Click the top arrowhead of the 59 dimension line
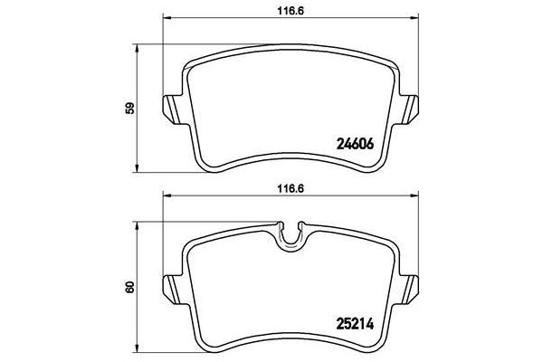138,48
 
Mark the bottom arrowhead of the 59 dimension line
138,167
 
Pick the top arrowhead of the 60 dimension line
138,223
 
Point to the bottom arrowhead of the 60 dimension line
138,348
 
